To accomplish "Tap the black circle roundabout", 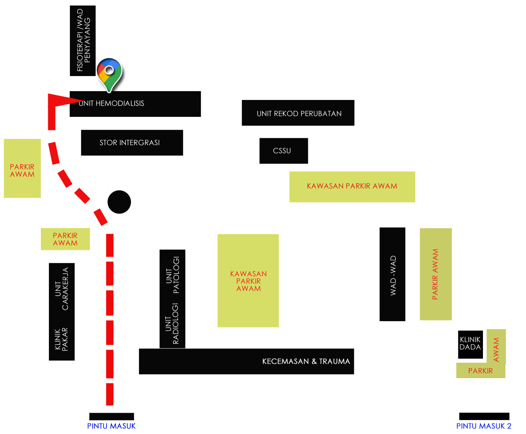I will click(119, 202).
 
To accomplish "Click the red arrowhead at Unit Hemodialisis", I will click(63, 100).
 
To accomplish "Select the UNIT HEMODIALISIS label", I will click(111, 104).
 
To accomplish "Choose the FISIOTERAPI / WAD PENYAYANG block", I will click(83, 40).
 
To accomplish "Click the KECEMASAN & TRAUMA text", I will click(306, 361).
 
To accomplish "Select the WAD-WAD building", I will click(392, 274).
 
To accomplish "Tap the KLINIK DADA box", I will click(470, 344).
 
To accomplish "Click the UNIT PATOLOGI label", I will click(173, 275).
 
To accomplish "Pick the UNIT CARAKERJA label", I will click(61, 289).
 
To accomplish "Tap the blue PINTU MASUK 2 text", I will click(484, 426).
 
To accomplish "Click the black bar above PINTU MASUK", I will click(111, 416).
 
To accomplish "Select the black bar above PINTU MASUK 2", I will click(484, 416).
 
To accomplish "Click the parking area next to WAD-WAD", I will click(436, 274).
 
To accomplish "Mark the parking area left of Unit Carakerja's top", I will click(65, 239).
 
